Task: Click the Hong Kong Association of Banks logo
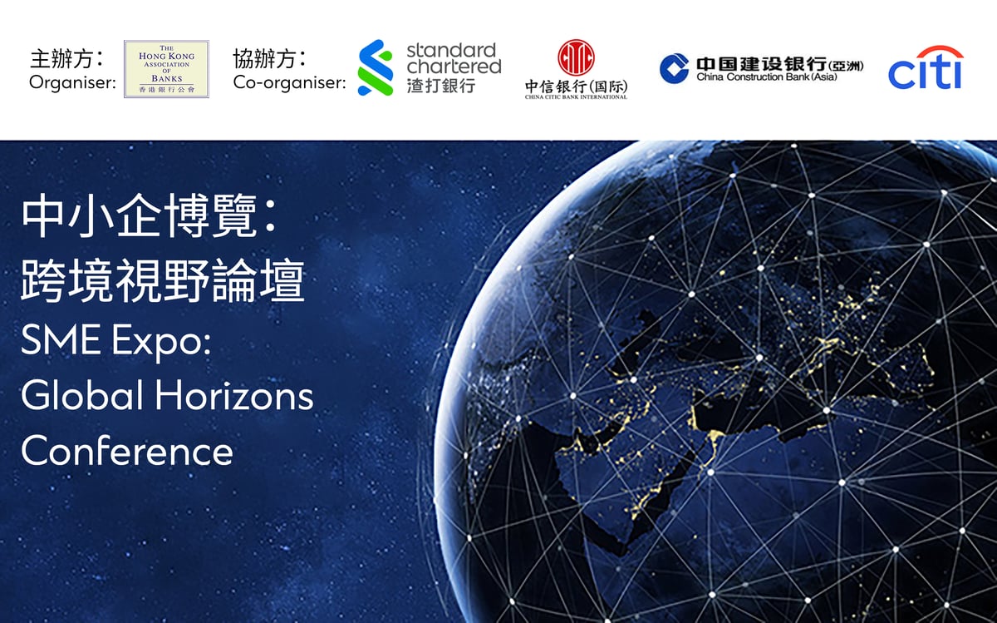166,69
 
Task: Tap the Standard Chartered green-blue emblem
375,67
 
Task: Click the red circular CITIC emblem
576,58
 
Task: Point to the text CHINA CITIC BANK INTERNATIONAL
576,96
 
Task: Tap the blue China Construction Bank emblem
674,68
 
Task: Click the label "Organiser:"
72,82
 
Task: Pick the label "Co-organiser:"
289,82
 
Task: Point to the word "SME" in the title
62,341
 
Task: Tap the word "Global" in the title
82,395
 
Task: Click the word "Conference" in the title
127,450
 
